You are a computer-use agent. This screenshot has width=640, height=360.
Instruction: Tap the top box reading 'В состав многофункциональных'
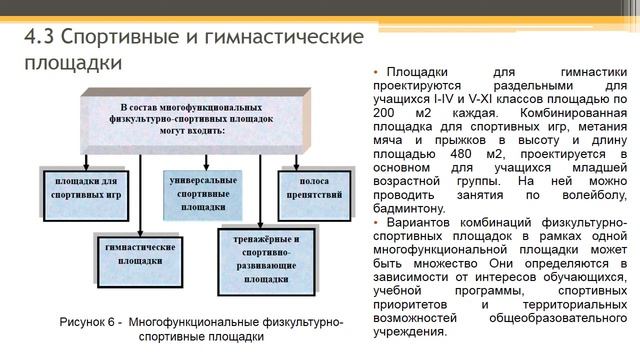(185, 118)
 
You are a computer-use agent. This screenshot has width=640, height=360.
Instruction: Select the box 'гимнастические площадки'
(140, 251)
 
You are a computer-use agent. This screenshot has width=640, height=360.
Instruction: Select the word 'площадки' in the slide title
(72, 62)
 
